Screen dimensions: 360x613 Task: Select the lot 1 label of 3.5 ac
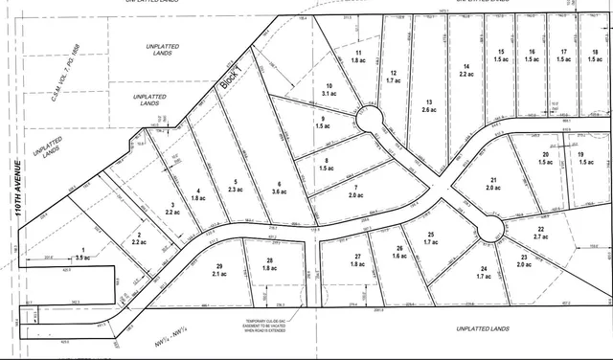83,255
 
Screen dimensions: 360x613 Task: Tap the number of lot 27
357,257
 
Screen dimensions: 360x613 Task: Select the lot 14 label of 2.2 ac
465,69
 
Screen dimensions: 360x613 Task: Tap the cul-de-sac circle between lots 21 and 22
490,229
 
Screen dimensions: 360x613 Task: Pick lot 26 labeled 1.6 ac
399,253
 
